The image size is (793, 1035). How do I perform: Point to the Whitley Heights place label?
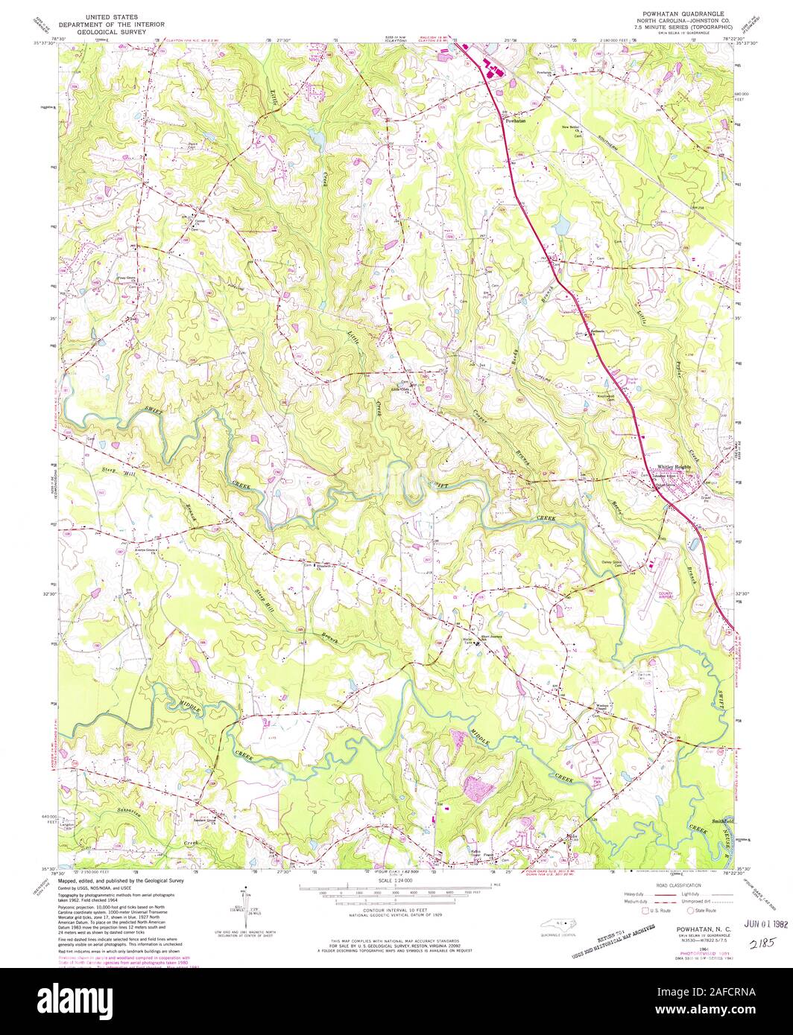pos(674,468)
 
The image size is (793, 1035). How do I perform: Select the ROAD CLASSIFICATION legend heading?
pos(672,885)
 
